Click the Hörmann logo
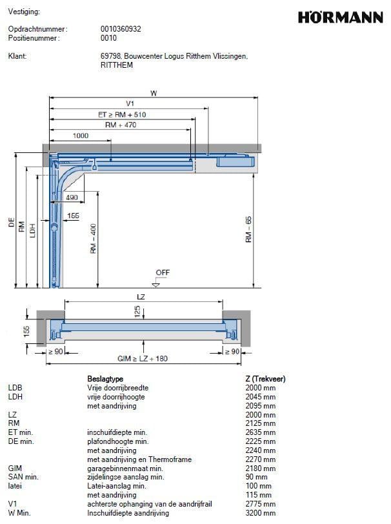click(340, 17)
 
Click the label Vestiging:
click(24, 12)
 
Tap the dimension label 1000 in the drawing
click(81, 136)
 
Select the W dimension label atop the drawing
click(154, 93)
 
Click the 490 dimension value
click(72, 197)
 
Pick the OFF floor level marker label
click(163, 272)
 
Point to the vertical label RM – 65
click(248, 229)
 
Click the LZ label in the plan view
click(141, 296)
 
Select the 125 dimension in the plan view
click(136, 311)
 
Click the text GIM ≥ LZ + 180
click(141, 358)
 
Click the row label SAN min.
click(23, 477)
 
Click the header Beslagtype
click(105, 379)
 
